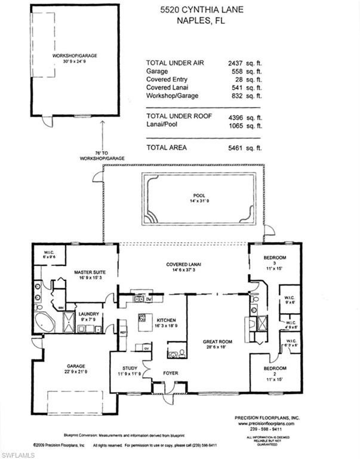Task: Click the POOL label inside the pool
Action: click(x=199, y=195)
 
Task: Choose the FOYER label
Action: click(x=171, y=374)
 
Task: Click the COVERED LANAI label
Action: click(x=183, y=264)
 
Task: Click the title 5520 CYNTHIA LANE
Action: click(x=195, y=10)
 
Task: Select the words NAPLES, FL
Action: click(x=195, y=22)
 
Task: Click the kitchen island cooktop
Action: click(x=143, y=317)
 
